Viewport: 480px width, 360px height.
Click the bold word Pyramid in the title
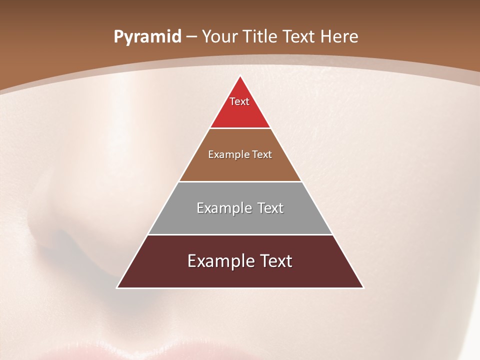[147, 37]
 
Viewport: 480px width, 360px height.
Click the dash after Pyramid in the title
[191, 37]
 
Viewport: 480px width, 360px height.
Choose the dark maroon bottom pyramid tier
[240, 275]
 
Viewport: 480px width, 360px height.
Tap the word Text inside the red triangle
[239, 101]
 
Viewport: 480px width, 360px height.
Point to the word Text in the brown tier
[262, 154]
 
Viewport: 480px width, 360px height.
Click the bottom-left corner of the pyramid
[117, 287]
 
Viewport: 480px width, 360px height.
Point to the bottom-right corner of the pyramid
[363, 287]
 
